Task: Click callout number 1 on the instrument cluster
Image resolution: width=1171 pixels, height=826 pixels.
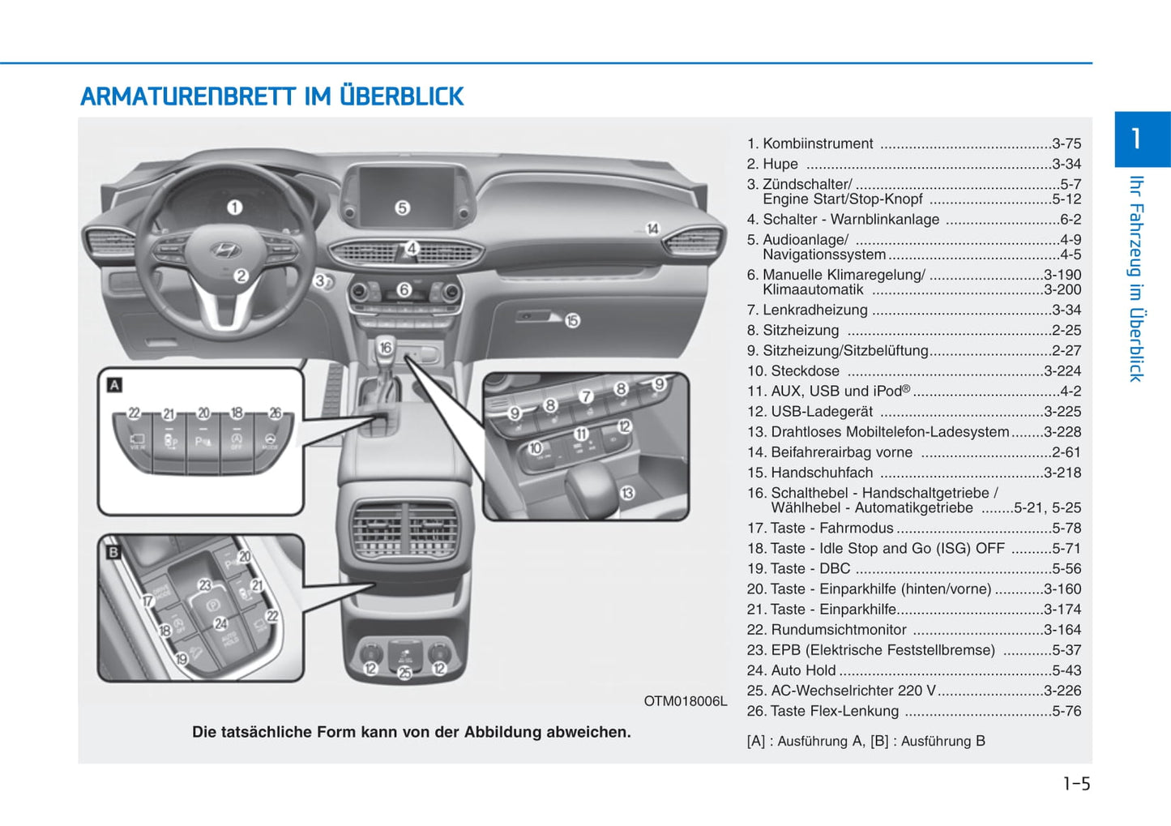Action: click(x=234, y=208)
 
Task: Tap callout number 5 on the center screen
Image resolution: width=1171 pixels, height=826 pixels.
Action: click(x=402, y=208)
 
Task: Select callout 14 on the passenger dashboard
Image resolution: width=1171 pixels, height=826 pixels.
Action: click(x=652, y=229)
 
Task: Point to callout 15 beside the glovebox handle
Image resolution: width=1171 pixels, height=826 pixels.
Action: click(x=572, y=321)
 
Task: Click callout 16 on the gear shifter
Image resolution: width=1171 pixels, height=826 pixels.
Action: click(x=386, y=348)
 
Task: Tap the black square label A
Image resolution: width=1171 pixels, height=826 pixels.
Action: click(x=115, y=385)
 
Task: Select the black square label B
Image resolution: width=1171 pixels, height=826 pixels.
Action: click(x=113, y=552)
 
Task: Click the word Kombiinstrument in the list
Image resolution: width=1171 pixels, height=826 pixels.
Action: click(x=818, y=143)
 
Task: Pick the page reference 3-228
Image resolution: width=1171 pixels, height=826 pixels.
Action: click(x=1062, y=432)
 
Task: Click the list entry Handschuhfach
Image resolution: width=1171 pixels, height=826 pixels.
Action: click(x=822, y=473)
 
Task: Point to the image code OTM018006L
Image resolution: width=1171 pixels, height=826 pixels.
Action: click(x=685, y=701)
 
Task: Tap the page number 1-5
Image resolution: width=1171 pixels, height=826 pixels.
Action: click(x=1076, y=784)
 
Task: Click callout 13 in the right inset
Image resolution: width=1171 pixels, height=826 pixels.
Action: click(x=626, y=492)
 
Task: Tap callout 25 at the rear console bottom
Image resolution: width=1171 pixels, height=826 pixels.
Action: click(x=404, y=672)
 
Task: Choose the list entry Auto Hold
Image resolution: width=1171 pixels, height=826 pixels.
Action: click(x=803, y=670)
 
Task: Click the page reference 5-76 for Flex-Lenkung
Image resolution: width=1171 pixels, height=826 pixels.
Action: click(x=1066, y=711)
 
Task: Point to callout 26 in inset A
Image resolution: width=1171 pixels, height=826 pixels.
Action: click(x=275, y=413)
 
